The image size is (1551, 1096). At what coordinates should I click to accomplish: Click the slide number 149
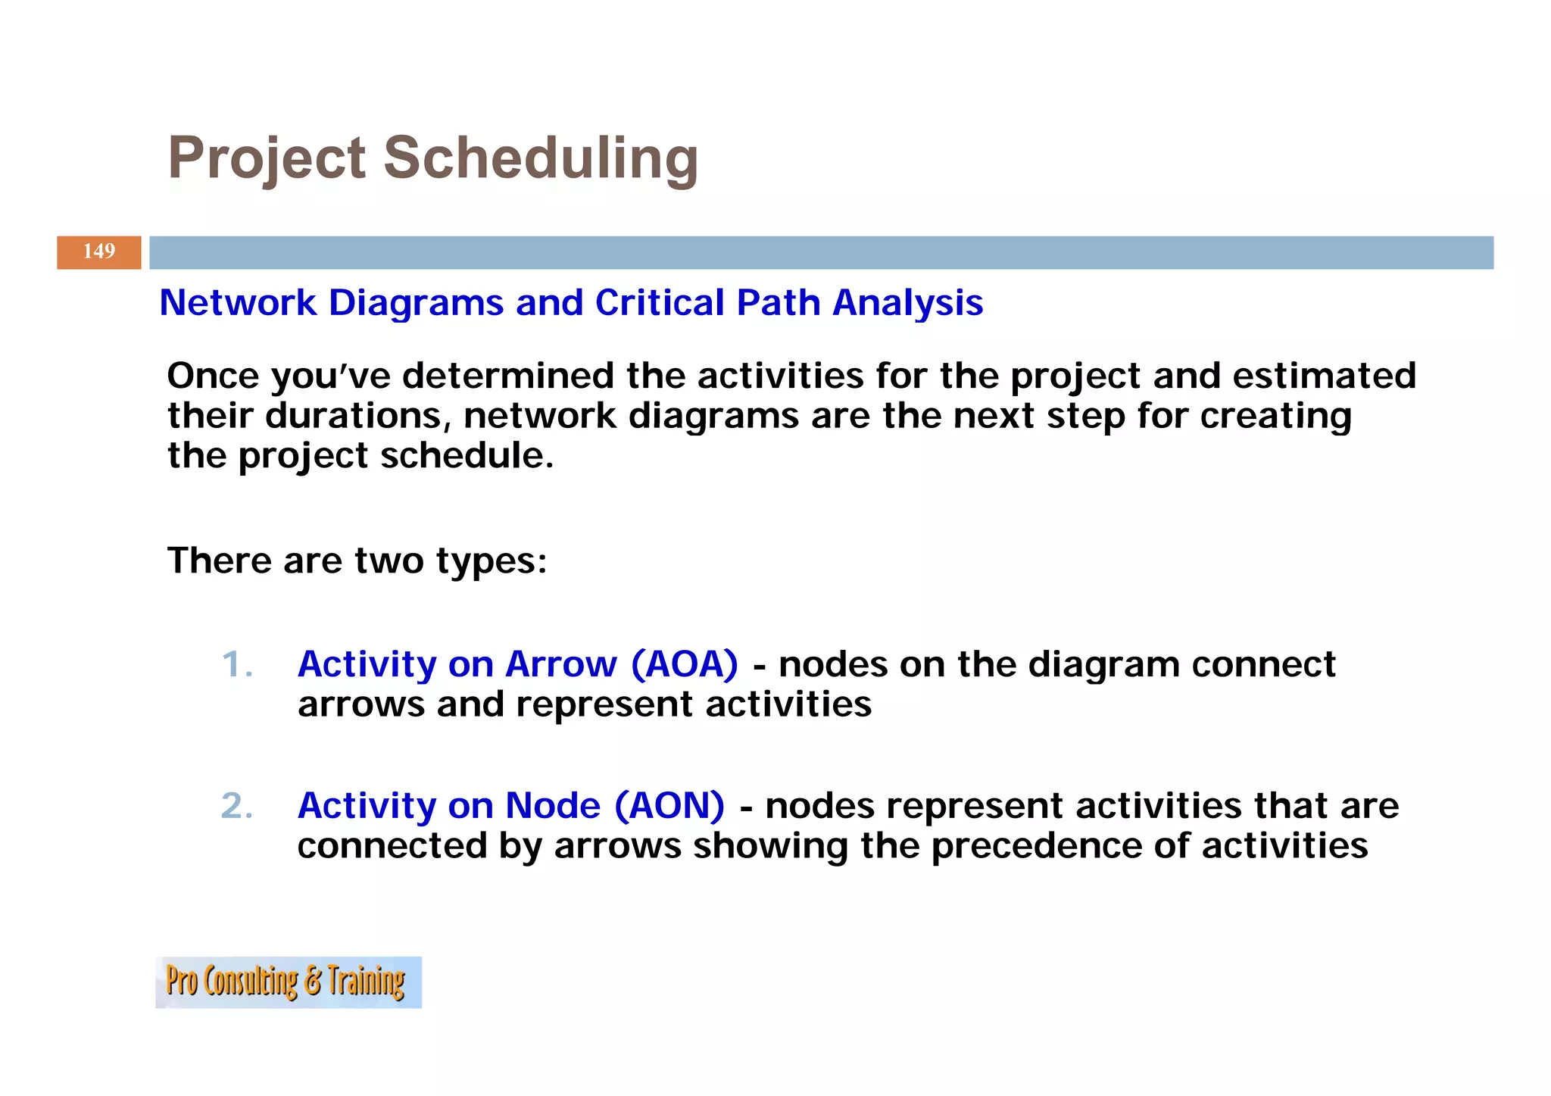pos(99,251)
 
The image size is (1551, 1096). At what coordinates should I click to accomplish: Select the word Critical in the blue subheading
pos(659,303)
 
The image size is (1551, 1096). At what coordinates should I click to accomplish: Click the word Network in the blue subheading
pos(237,303)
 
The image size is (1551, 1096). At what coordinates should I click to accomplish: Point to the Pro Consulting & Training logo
pos(288,982)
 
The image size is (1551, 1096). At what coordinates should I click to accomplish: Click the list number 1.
pos(236,664)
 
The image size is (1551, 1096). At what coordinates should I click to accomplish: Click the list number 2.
pos(236,805)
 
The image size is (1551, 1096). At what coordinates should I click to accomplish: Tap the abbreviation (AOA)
pos(684,664)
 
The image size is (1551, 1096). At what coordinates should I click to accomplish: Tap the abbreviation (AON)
pos(669,805)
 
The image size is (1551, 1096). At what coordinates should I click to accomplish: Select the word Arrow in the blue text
pos(560,664)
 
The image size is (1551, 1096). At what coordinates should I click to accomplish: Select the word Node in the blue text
pos(553,805)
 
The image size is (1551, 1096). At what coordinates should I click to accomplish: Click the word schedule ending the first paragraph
pos(467,456)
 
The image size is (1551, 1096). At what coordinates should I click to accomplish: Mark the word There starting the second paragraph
pos(219,561)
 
